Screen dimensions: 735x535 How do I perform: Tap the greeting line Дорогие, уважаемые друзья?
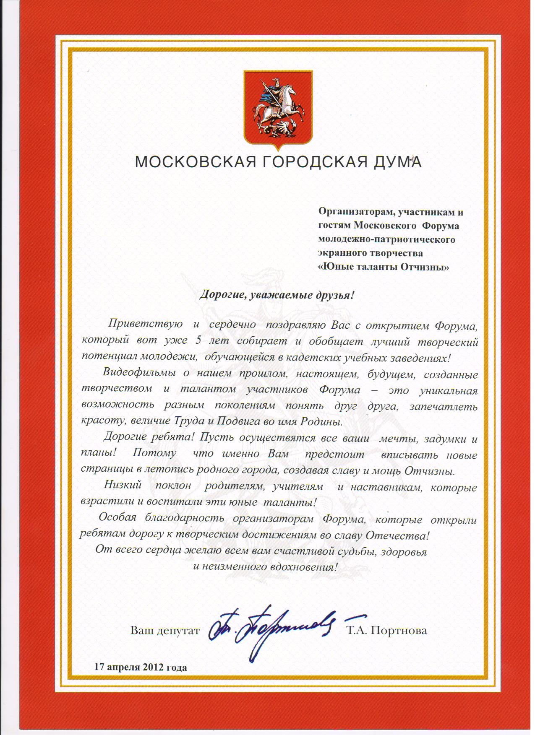pos(277,295)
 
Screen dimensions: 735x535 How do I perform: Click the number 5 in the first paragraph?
pos(198,341)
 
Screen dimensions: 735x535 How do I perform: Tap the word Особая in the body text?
pos(117,519)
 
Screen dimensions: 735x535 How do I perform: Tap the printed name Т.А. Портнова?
pos(386,631)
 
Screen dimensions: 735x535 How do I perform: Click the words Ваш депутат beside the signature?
pos(164,631)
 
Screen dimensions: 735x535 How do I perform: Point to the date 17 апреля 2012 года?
pos(141,667)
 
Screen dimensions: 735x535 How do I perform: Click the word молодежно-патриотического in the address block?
pos(387,240)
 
